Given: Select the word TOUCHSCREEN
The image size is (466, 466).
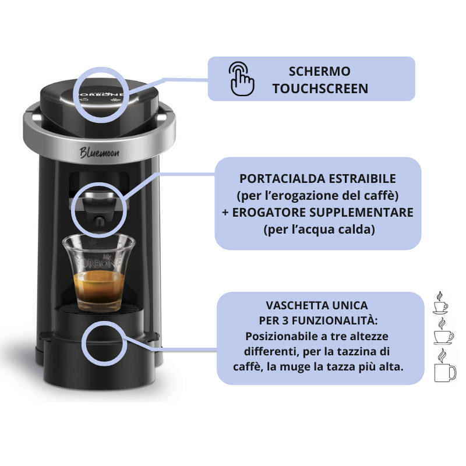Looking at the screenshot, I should point(320,89).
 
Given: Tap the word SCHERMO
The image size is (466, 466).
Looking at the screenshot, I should point(320,71).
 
